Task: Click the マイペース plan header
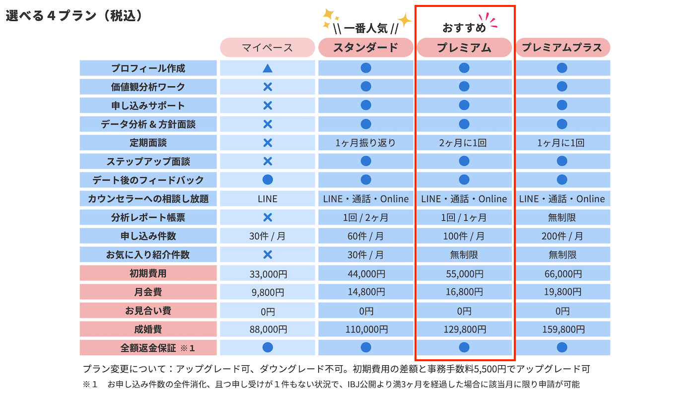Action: (x=267, y=48)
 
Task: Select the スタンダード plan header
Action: (x=365, y=48)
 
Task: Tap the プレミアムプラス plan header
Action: (x=562, y=48)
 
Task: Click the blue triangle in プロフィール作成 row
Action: (x=267, y=68)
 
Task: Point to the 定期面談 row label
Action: (x=148, y=143)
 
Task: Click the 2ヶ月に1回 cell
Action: (x=464, y=143)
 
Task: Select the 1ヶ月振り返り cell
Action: (x=365, y=143)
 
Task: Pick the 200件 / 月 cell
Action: (x=562, y=236)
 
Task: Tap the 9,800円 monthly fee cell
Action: (x=267, y=292)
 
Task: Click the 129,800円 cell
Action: (x=464, y=329)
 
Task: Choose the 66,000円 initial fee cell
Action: (x=562, y=273)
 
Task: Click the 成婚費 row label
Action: (x=148, y=329)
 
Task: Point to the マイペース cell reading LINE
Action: (x=267, y=199)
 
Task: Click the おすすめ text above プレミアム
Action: (x=464, y=28)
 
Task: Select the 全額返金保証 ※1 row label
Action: (x=148, y=348)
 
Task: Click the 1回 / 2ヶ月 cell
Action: (x=365, y=217)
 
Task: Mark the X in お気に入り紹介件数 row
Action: (x=267, y=255)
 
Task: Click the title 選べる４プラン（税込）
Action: (x=74, y=16)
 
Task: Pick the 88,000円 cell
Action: (x=267, y=329)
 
